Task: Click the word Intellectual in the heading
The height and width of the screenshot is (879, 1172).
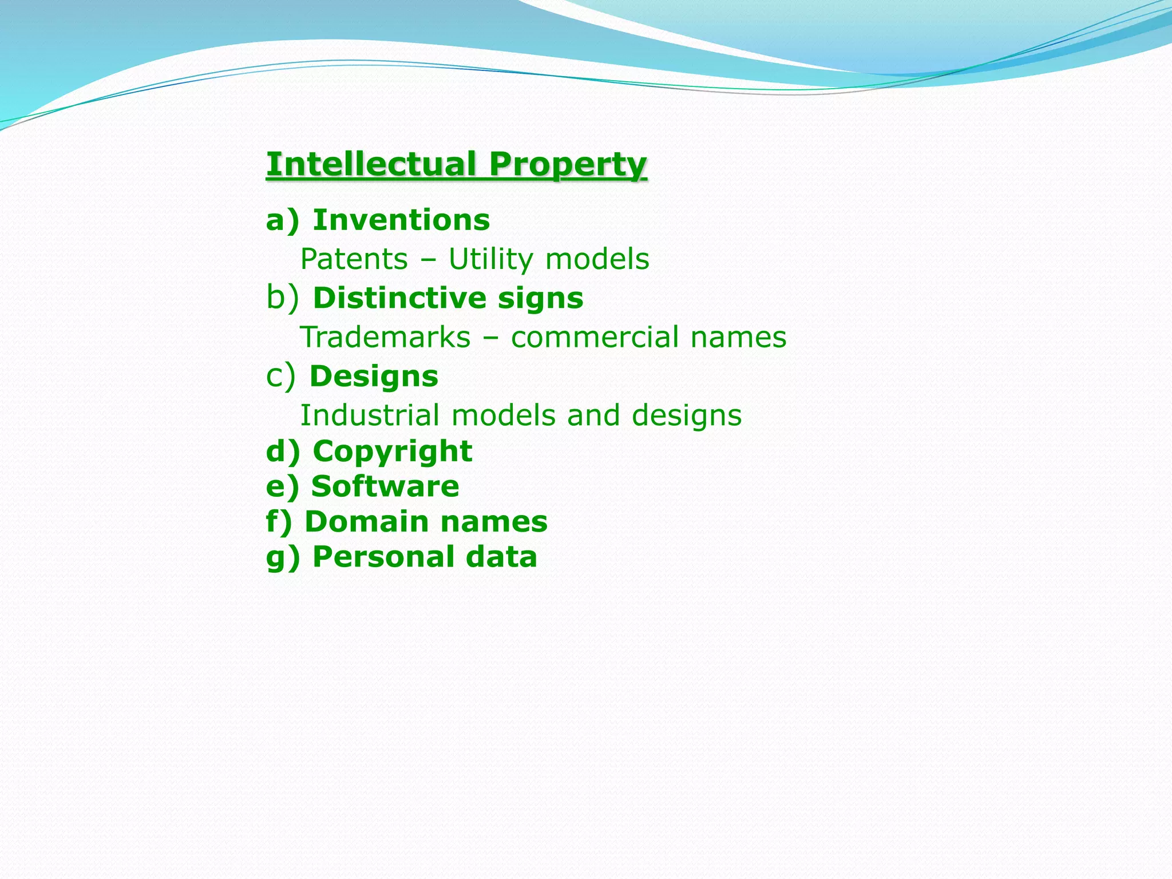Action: coord(371,164)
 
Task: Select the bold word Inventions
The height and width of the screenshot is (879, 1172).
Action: coord(401,220)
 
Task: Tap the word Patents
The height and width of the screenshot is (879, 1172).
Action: coord(354,259)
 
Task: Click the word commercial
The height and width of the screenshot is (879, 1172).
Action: coord(595,337)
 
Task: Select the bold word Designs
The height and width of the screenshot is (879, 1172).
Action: coord(374,377)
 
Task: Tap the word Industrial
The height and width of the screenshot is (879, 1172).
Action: coord(370,415)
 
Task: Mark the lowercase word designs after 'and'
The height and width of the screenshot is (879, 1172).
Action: coord(687,416)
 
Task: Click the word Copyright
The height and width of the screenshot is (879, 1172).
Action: coord(393,452)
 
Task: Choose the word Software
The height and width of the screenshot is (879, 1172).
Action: coord(385,486)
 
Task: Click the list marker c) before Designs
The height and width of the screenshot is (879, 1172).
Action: coord(281,377)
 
